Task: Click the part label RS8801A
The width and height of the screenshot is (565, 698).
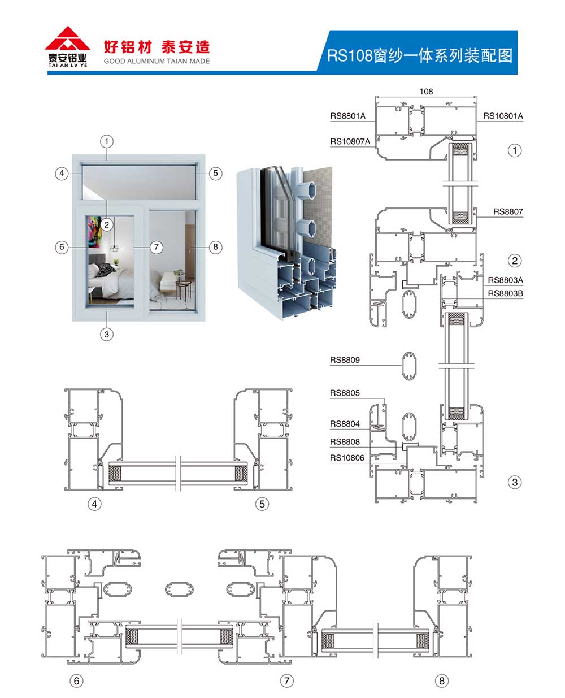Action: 347,116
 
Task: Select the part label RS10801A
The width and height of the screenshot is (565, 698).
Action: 503,116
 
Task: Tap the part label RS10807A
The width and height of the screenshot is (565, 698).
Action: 350,141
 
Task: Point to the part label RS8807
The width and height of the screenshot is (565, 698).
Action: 508,211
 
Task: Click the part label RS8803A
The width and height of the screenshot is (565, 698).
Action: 505,280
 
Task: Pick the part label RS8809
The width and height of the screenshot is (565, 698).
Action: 345,360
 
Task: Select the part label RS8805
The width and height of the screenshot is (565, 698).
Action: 345,393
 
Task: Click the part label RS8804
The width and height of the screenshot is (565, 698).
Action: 345,424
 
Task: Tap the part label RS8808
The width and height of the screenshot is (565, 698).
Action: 345,442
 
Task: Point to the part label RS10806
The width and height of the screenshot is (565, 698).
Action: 347,458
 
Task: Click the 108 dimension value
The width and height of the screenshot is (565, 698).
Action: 426,92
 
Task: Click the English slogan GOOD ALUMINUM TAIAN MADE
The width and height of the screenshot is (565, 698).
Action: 157,61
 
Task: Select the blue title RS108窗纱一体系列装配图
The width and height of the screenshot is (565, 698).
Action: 420,55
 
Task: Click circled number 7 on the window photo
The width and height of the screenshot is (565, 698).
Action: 157,247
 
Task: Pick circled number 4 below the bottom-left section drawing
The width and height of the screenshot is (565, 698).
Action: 95,504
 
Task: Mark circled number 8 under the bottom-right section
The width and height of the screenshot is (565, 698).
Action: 441,680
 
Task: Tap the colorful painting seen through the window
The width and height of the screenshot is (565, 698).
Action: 94,232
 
